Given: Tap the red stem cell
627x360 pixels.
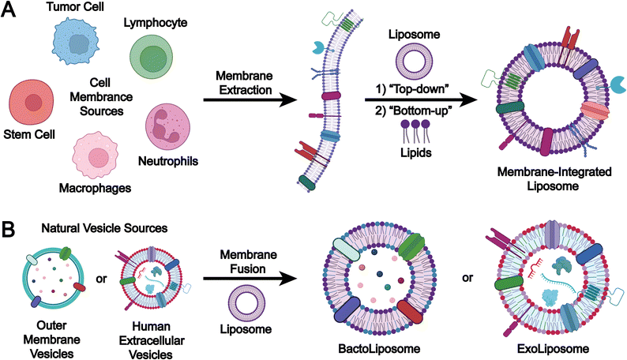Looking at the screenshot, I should click(32, 103).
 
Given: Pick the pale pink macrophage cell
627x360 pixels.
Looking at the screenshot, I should click(98, 156).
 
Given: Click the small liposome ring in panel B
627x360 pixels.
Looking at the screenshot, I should click(241, 302).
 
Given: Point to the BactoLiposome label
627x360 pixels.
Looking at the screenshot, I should click(378, 348).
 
